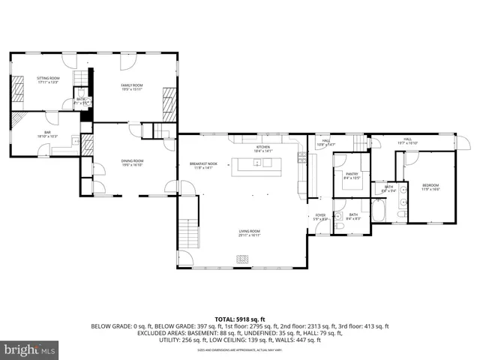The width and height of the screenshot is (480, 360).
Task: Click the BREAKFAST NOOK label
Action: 203,165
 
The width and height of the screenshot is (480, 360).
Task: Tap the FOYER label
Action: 320,217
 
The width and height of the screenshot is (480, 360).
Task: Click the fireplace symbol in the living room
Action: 242,259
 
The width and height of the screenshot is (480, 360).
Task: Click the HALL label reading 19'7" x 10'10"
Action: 408,141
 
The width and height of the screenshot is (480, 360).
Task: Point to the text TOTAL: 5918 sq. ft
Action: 240,318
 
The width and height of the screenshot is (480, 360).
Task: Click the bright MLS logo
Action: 29,349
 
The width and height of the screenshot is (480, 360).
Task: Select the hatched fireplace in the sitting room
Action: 18,90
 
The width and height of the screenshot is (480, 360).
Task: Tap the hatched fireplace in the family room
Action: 169,105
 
